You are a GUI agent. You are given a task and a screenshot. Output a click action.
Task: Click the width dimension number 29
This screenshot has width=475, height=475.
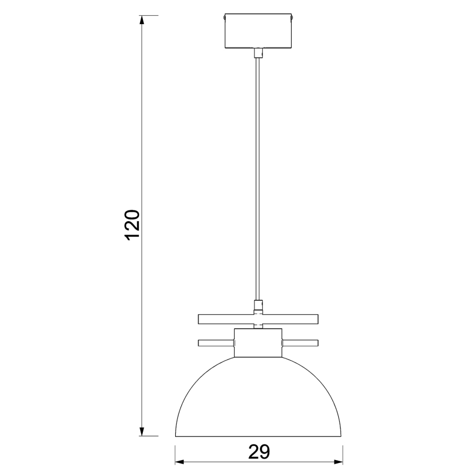coord(259,452)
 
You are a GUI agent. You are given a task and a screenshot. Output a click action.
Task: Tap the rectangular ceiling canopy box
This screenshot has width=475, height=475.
coord(258,32)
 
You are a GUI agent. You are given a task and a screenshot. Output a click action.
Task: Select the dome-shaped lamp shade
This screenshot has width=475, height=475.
coord(258,399)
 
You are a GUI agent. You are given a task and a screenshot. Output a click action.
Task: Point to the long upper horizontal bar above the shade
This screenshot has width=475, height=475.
coord(258,318)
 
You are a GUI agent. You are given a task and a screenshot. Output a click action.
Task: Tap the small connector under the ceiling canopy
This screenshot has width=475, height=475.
coord(258,53)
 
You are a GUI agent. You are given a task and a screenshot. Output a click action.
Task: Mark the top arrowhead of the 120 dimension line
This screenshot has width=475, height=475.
coord(142,20)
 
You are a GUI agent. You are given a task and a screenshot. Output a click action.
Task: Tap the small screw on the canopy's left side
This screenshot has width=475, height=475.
coord(224,18)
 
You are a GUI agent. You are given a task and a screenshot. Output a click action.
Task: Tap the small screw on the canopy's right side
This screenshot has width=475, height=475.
coord(292,18)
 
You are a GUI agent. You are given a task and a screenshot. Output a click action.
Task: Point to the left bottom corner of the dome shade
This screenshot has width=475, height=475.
coord(175,436)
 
